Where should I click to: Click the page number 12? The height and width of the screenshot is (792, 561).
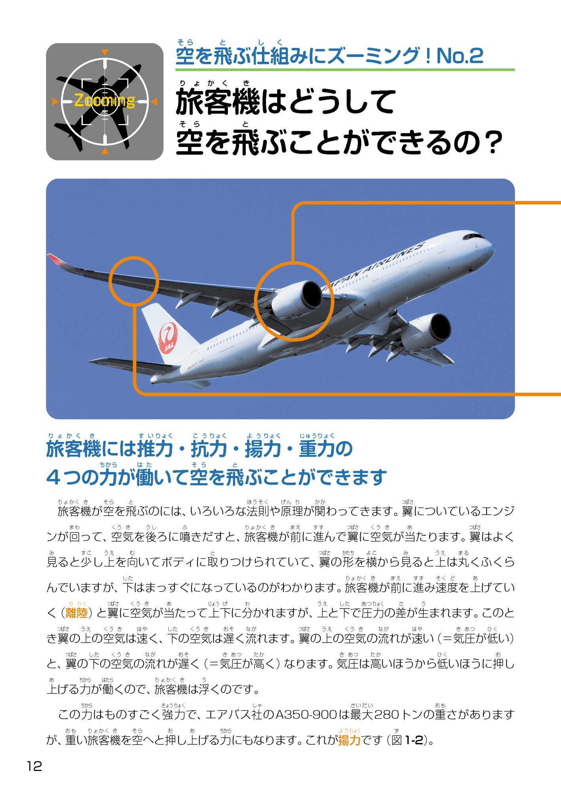[x=34, y=766]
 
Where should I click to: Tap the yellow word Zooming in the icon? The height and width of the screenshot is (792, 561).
[x=105, y=101]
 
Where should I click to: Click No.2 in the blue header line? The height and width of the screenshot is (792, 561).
[x=460, y=56]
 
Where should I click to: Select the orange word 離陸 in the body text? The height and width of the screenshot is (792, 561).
[x=76, y=613]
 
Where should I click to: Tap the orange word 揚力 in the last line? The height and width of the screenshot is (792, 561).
[x=349, y=740]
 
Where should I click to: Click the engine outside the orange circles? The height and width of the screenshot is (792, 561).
[x=426, y=332]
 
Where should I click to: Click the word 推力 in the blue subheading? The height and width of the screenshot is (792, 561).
[x=155, y=449]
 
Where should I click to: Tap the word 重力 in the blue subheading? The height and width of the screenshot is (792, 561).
[x=317, y=449]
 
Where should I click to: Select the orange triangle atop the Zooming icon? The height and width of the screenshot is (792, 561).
[x=105, y=52]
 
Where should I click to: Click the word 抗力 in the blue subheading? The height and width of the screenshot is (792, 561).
[x=209, y=449]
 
